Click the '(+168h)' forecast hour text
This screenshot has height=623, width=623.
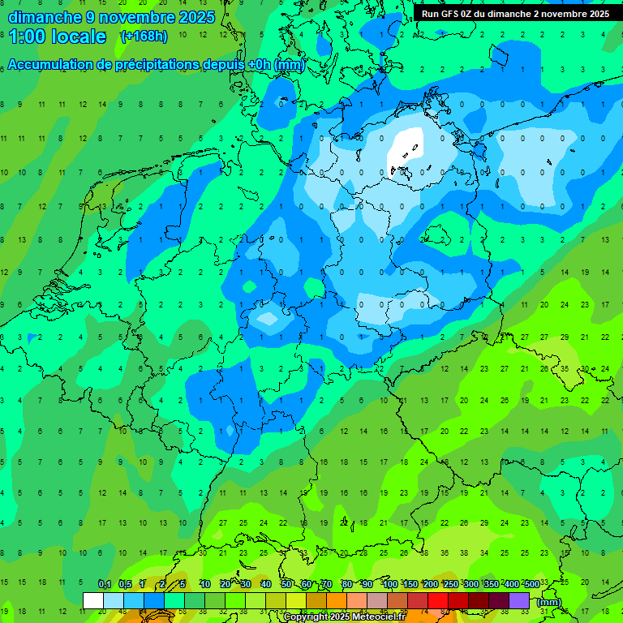(x=144, y=36)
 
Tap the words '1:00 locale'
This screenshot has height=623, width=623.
(x=58, y=37)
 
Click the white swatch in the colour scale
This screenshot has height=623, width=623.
(x=93, y=600)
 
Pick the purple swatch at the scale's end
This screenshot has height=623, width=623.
(x=519, y=600)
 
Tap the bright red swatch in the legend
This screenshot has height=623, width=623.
(x=438, y=600)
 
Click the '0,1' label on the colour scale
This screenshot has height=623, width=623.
(x=105, y=585)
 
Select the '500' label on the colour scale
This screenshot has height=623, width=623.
(x=531, y=585)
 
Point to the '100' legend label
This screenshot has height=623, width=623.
(x=389, y=585)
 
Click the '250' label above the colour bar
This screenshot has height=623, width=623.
(x=450, y=585)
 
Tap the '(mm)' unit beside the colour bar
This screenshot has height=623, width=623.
(x=549, y=602)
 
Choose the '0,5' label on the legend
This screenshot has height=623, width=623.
(x=125, y=585)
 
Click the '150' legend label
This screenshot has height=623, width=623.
(x=410, y=585)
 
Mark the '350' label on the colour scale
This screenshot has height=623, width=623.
(x=491, y=585)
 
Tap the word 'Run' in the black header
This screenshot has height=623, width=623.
(x=430, y=14)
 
